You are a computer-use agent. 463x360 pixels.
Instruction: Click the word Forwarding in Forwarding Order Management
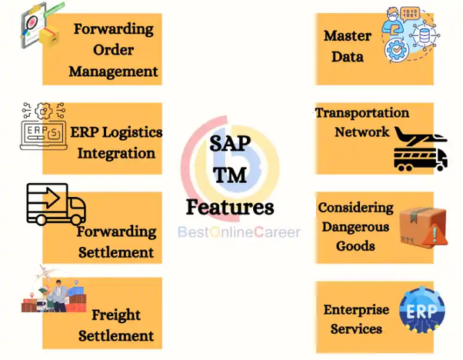[113, 29]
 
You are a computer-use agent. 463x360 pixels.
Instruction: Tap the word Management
[113, 72]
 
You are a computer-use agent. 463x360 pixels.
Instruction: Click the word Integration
[116, 152]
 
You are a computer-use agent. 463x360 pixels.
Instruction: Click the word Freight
[116, 315]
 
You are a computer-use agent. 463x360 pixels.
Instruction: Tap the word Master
[347, 35]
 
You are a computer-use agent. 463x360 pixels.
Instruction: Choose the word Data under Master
[347, 56]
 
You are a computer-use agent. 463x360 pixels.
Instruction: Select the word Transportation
[362, 112]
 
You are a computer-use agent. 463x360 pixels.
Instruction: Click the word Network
[361, 132]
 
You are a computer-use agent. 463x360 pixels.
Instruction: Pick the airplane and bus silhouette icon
[420, 148]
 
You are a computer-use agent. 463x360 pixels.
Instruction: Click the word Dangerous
[355, 227]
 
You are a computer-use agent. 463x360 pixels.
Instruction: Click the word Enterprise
[356, 310]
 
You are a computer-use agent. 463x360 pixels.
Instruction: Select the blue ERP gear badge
[421, 310]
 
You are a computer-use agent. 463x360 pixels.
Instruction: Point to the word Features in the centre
[229, 207]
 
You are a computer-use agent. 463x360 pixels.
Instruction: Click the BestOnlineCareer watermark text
[238, 232]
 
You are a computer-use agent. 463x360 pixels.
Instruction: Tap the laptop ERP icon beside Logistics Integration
[44, 127]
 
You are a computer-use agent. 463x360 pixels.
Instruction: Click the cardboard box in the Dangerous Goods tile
[419, 222]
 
